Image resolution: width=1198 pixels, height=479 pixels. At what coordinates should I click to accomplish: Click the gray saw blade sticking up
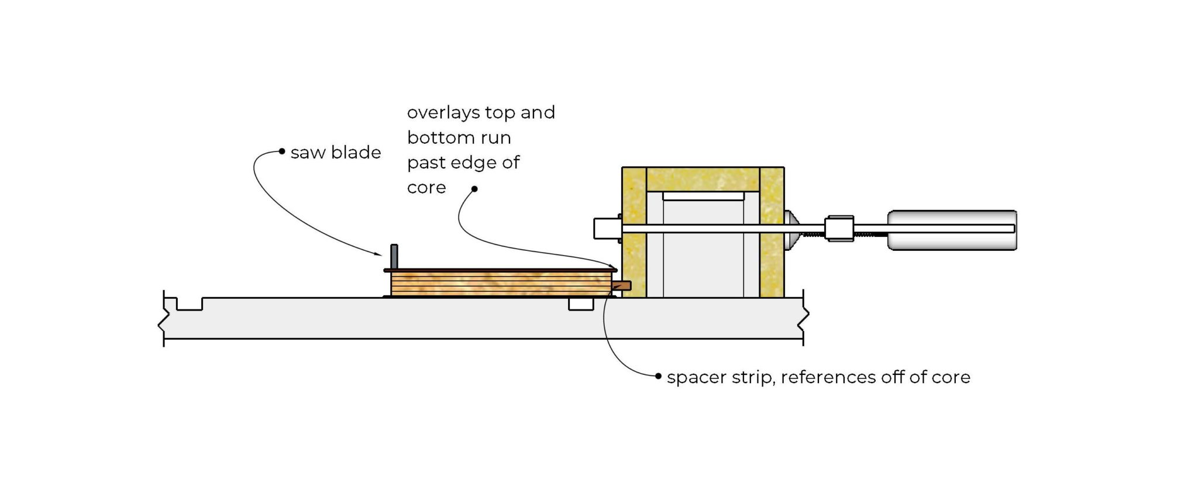pos(394,256)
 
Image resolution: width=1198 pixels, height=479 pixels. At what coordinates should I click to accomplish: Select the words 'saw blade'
pos(336,153)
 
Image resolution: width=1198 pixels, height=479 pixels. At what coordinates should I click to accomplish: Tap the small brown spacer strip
pos(623,286)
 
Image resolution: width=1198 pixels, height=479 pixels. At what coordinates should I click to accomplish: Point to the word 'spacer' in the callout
pos(692,378)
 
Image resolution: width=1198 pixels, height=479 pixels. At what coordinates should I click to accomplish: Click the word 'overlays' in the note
pos(441,112)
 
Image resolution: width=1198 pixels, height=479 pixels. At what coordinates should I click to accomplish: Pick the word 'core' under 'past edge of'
pos(426,188)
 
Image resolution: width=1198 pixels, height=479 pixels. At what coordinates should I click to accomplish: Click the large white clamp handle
pos(952,230)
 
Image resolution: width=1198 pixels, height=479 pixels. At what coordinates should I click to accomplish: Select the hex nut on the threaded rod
pos(839,228)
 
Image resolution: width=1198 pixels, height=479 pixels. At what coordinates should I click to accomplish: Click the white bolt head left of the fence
pos(606,228)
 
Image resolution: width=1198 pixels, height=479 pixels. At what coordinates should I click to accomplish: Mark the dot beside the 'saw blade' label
pos(282,151)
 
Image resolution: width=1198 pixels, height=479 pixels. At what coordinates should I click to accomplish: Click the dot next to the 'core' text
pos(474,189)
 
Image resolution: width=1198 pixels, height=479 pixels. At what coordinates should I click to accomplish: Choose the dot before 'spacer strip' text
pos(659,376)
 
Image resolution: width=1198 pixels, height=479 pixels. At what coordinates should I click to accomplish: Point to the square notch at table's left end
pos(190,304)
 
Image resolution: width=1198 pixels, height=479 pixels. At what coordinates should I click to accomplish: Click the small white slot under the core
pos(581,304)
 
